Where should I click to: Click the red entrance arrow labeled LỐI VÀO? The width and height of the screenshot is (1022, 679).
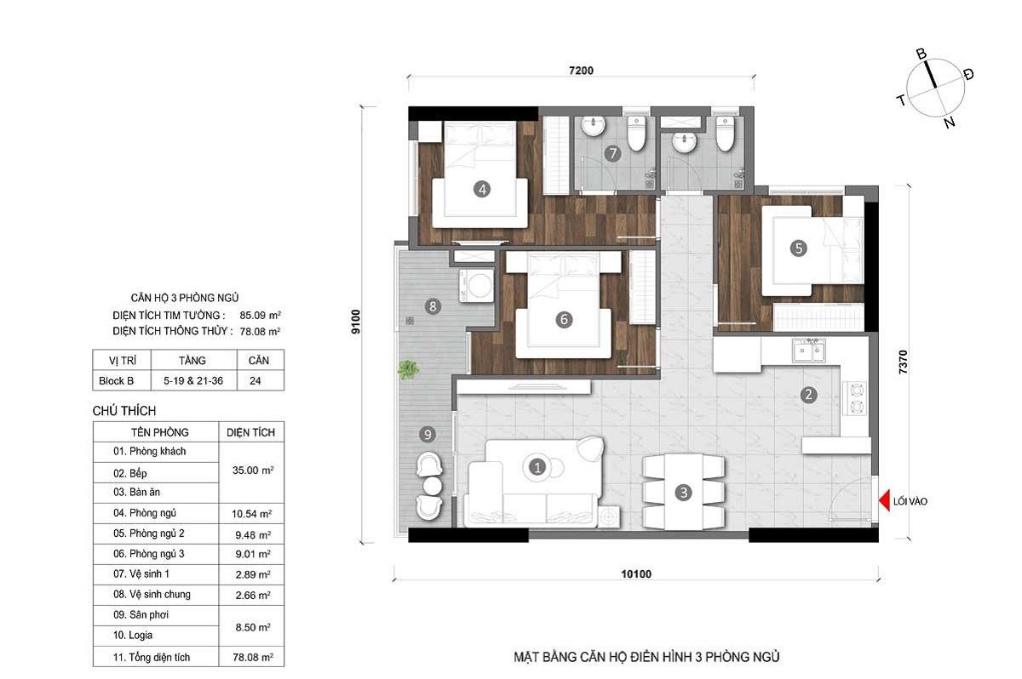click(885, 500)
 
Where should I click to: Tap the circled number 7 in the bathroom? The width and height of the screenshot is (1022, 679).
click(612, 153)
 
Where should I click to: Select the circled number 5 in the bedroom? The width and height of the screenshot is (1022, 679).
click(799, 248)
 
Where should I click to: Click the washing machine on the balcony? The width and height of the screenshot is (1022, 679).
click(477, 285)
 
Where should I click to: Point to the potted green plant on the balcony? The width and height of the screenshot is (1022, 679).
click(408, 369)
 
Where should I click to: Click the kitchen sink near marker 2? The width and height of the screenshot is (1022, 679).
click(808, 350)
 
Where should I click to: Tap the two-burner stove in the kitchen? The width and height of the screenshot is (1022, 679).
click(856, 398)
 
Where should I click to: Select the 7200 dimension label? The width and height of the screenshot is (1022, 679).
click(581, 71)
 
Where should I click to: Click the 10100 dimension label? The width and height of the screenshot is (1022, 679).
click(636, 573)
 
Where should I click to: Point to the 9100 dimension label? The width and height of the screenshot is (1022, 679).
click(356, 322)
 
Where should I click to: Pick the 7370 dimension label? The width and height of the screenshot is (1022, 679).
click(903, 362)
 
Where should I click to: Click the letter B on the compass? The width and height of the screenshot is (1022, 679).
click(922, 54)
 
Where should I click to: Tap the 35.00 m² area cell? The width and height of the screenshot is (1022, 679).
click(253, 471)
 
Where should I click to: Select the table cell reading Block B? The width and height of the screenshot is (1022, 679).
click(117, 381)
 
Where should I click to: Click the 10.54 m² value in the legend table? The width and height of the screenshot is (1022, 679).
click(252, 514)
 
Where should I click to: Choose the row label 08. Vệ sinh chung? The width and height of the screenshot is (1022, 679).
click(152, 594)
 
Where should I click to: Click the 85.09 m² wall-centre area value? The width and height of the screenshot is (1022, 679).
click(260, 315)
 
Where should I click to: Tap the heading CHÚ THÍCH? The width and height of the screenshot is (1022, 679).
click(124, 411)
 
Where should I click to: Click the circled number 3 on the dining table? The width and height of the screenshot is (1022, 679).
click(683, 492)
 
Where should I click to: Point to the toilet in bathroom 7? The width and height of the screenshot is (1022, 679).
click(635, 133)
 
